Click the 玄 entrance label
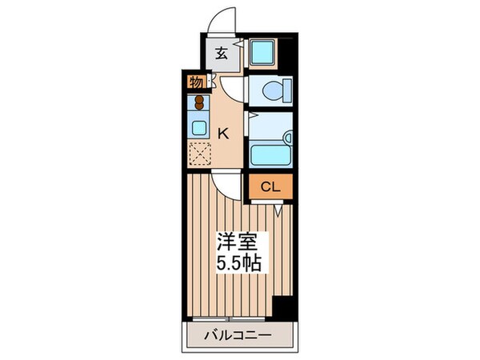pyautogui.click(x=220, y=55)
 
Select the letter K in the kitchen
pyautogui.click(x=224, y=134)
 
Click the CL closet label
pyautogui.click(x=270, y=187)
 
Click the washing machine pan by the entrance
pyautogui.click(x=261, y=53)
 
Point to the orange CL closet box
pyautogui.click(x=270, y=187)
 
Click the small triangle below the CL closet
pyautogui.click(x=277, y=210)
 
